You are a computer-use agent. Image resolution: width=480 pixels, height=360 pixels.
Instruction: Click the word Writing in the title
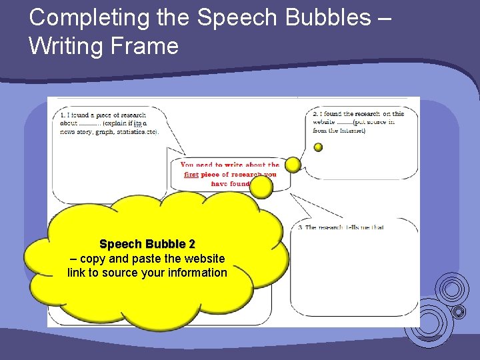pyautogui.click(x=68, y=46)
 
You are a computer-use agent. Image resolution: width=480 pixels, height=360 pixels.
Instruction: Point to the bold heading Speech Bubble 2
pyautogui.click(x=147, y=245)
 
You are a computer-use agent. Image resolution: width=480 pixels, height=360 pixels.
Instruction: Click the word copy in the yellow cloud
pyautogui.click(x=93, y=259)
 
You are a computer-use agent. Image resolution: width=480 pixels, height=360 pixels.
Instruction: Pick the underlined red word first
pyautogui.click(x=191, y=175)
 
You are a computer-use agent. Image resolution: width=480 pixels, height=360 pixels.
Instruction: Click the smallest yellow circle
pyautogui.click(x=318, y=147)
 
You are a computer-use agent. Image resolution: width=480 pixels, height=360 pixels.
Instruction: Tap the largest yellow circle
pyautogui.click(x=261, y=187)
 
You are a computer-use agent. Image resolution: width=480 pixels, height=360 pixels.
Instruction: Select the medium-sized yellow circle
pyautogui.click(x=293, y=165)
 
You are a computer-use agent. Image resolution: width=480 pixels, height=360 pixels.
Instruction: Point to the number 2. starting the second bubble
pyautogui.click(x=315, y=114)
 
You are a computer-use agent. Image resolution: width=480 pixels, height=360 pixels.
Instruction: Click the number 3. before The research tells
pyautogui.click(x=301, y=228)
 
